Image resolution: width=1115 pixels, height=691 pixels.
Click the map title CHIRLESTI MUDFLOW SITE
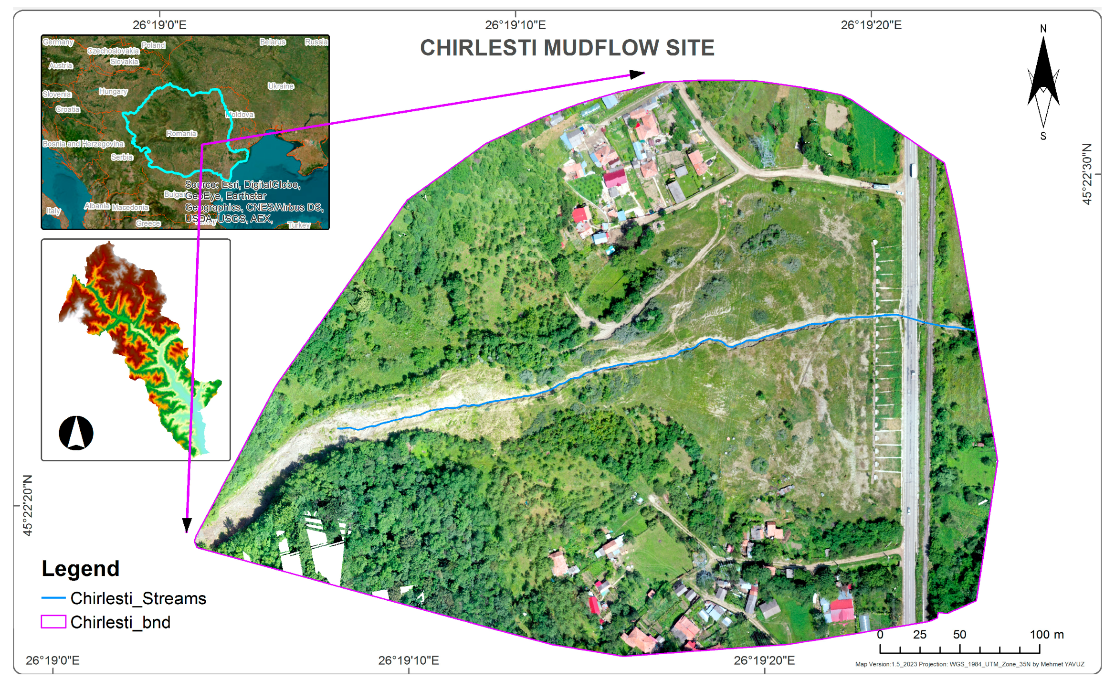pos(567,48)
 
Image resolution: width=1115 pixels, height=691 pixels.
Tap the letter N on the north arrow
pos(1043,29)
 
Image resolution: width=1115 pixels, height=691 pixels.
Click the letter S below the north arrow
pos(1043,136)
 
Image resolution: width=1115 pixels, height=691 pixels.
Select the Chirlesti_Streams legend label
pos(138,598)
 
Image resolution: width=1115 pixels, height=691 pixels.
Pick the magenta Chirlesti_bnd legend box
pos(53,622)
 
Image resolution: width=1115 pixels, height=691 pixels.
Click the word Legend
pos(80,568)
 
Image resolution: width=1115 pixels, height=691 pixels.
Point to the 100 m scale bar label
pos(1046,635)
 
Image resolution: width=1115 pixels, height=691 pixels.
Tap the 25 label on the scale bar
pos(919,635)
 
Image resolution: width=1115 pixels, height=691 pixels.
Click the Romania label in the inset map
pos(181,133)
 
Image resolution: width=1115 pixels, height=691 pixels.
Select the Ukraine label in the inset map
pos(281,86)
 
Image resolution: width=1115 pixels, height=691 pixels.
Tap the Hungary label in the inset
pos(113,91)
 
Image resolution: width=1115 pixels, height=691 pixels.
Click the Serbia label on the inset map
pos(122,157)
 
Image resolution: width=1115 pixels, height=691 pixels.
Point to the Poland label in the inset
pos(153,45)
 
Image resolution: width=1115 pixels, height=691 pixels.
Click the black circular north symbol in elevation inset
pos(76,433)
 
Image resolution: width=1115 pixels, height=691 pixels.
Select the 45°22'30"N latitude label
pos(1087,174)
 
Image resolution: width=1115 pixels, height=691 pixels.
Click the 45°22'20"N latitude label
pos(28,505)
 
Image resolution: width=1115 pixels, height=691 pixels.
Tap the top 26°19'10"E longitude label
pos(515,25)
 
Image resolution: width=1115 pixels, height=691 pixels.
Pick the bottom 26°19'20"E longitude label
pos(764,660)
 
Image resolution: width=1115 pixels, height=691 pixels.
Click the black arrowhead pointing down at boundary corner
pos(187,525)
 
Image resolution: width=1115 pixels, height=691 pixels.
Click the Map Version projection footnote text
pos(969,664)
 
